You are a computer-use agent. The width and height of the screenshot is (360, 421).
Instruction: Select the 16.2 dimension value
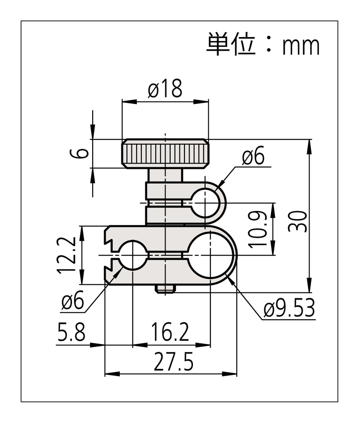click(x=170, y=333)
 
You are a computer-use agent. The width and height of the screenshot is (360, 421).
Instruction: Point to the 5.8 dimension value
click(x=71, y=333)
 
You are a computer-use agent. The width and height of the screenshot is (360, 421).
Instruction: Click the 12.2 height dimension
click(x=67, y=255)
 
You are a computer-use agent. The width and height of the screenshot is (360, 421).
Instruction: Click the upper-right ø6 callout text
click(x=253, y=157)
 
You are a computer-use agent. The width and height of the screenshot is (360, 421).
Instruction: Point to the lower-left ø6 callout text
click(x=72, y=302)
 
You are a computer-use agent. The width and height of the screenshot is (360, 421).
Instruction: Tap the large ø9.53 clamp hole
click(x=210, y=255)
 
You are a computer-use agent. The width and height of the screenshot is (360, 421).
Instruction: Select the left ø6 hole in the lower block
click(x=132, y=255)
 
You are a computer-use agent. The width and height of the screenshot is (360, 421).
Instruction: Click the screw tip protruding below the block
click(x=165, y=289)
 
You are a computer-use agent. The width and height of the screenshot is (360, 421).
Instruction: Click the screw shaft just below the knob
click(x=165, y=176)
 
